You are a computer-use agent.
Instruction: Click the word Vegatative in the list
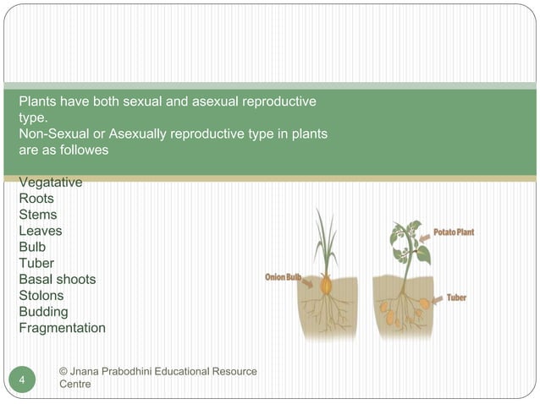pyautogui.click(x=50, y=183)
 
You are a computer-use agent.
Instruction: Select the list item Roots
pyautogui.click(x=36, y=199)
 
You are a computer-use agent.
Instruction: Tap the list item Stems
pyautogui.click(x=38, y=215)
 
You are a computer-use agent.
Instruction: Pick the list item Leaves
pyautogui.click(x=40, y=231)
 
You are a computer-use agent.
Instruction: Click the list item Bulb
pyautogui.click(x=32, y=247)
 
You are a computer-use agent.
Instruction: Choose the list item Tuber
pyautogui.click(x=36, y=263)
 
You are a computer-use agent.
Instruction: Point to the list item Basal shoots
pyautogui.click(x=57, y=279)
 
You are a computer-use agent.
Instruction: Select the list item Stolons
pyautogui.click(x=41, y=295)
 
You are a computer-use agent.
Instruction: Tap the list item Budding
pyautogui.click(x=43, y=312)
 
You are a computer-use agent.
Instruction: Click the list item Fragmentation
pyautogui.click(x=62, y=328)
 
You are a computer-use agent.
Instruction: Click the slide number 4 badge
pyautogui.click(x=23, y=379)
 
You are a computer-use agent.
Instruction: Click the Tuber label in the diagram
pyautogui.click(x=456, y=298)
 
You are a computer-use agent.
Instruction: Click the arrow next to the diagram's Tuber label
pyautogui.click(x=437, y=298)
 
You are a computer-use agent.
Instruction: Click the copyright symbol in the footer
pyautogui.click(x=63, y=372)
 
